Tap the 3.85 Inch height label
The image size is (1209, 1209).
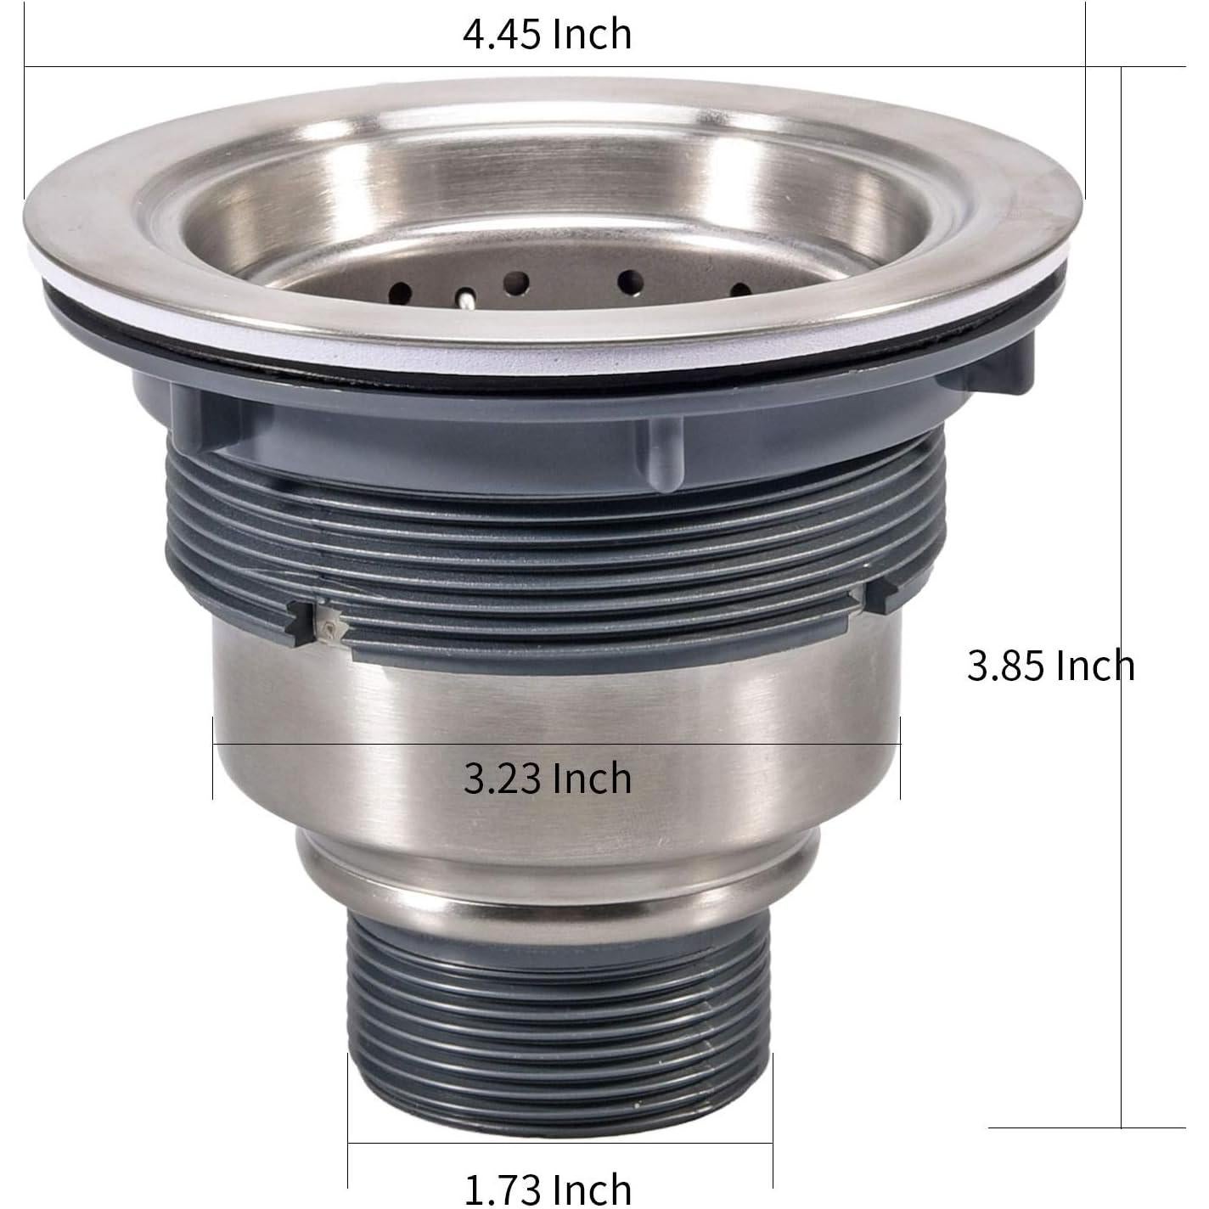(x=1049, y=666)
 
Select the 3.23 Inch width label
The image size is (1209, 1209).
(x=548, y=778)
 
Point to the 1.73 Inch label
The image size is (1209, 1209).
(x=548, y=1187)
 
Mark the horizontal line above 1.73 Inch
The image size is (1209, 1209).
(x=560, y=1143)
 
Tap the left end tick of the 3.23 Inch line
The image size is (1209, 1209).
(x=212, y=756)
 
